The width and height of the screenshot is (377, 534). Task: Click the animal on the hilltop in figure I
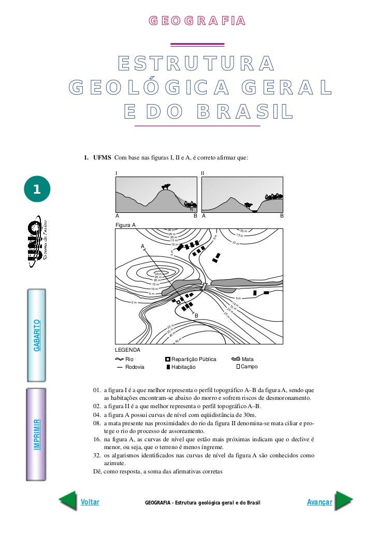[x=166, y=186]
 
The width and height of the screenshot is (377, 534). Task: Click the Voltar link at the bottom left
[x=90, y=502]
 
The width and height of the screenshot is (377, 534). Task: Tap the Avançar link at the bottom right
[x=319, y=502]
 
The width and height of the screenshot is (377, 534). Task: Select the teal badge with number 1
[x=36, y=190]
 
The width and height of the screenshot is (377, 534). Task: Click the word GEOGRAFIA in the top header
[x=197, y=21]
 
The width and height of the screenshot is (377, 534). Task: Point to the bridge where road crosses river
[x=205, y=286]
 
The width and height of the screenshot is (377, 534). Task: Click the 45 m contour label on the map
[x=178, y=340]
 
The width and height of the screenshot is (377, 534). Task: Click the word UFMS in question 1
[x=102, y=157]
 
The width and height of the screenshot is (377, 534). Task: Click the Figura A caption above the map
[x=125, y=225]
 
